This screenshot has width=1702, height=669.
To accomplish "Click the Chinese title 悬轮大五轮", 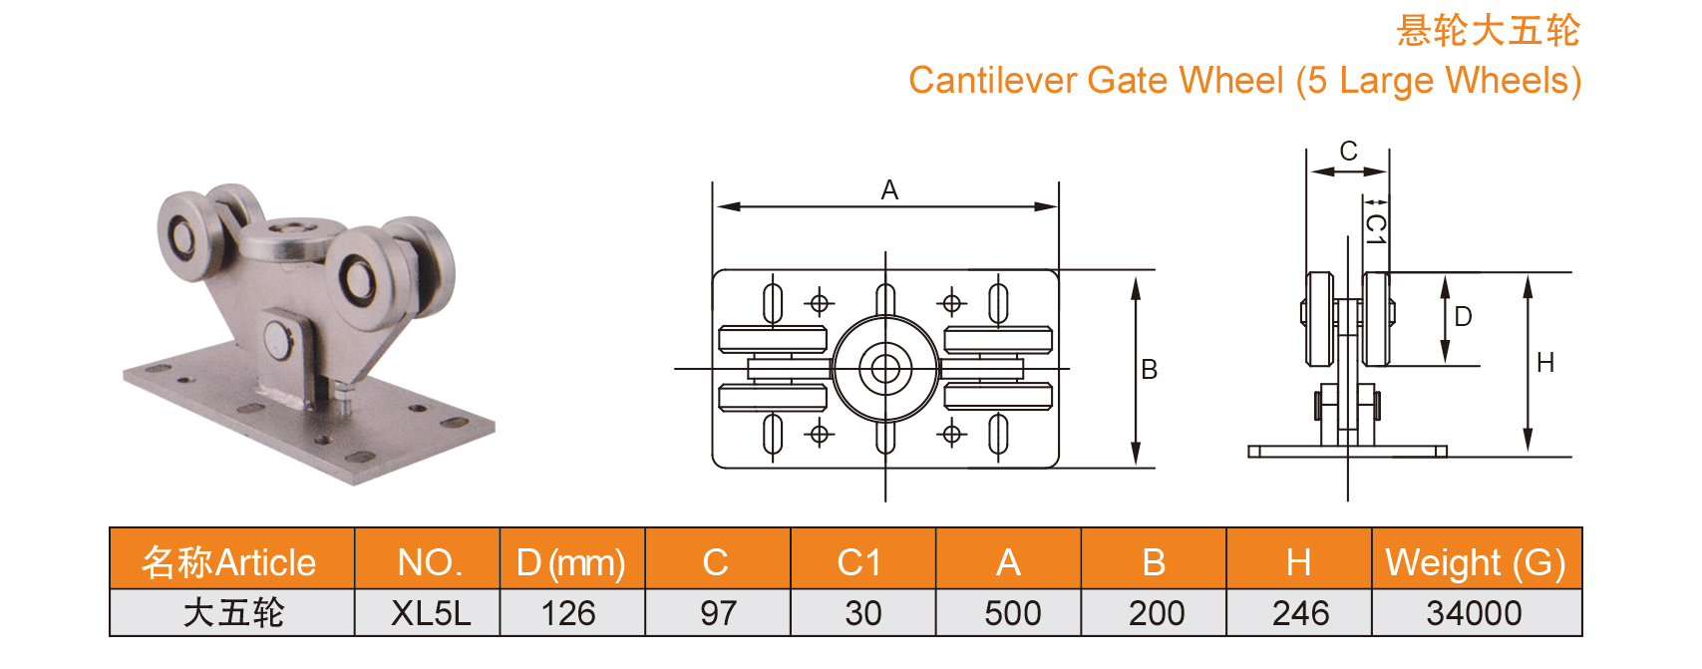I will pos(1488,31).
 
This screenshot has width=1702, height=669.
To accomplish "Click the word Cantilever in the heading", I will pos(992,81).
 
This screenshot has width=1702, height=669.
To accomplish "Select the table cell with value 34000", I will pos(1474,613).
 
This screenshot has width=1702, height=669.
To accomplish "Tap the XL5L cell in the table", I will pos(430,613).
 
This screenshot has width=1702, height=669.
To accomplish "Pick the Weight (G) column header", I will pos(1475,562).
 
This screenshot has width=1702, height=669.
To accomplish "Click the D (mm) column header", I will pos(570,562).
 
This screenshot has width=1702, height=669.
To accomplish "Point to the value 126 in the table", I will pos(568,613).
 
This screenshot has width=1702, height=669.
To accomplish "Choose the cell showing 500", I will pos(1012,613).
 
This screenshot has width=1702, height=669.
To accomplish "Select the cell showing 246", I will pos(1300,613).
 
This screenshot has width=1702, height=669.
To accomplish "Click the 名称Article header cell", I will pos(229,562).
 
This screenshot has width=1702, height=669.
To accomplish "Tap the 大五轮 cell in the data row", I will pos(233,613).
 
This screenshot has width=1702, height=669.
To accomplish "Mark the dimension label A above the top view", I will pos(889,190).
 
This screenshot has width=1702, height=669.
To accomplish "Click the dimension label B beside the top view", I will pos(1149,370).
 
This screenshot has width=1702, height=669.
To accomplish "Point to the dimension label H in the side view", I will pos(1545,363).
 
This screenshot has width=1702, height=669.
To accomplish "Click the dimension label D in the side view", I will pos(1463,317).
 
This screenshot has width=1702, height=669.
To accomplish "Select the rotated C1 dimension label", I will pos(1376,229).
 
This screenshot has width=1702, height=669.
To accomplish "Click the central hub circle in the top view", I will pos(885,369).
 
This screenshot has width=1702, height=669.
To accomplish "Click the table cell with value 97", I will pos(718,613).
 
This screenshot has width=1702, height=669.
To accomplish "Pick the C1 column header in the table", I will pos(859,562).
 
